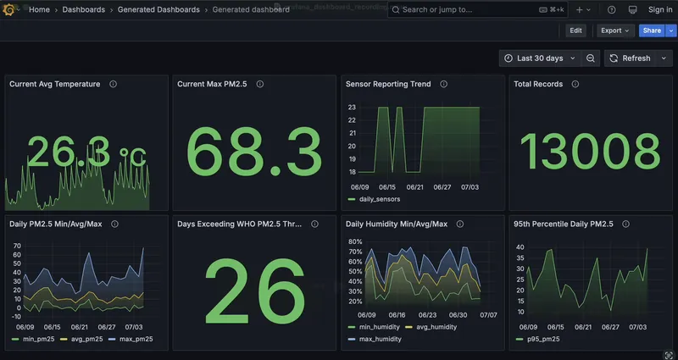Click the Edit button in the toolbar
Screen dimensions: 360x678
point(575,30)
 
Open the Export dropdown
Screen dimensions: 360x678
point(615,30)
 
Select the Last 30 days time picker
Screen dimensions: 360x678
point(539,58)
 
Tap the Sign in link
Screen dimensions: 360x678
point(659,9)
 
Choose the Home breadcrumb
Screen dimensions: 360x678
point(39,9)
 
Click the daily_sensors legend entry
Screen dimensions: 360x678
point(377,199)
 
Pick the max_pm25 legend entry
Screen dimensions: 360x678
point(136,339)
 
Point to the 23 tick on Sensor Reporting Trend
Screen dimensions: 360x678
point(351,107)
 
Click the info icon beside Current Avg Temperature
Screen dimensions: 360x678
point(113,84)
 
